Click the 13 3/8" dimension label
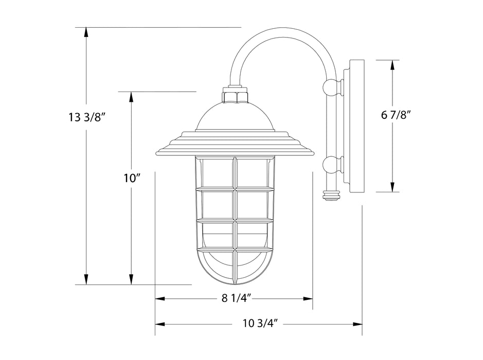pos(86,116)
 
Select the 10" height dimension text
pos(132,178)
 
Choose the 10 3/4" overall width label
pos(260,324)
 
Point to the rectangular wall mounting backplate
pos(356,126)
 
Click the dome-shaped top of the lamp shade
pos(235,117)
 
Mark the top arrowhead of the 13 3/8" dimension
pos(86,32)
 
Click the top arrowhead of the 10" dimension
pos(132,97)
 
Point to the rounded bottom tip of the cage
pos(235,282)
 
